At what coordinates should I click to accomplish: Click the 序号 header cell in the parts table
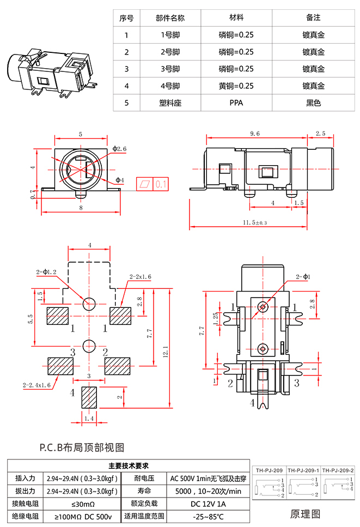[126, 18]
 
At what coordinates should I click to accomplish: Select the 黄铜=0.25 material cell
[236, 86]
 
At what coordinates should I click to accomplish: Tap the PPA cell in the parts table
[236, 103]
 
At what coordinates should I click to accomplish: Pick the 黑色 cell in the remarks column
[314, 103]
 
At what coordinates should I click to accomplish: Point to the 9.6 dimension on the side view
[254, 134]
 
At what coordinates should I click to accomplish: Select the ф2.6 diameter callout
[120, 148]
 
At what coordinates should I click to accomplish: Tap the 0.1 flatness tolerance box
[161, 184]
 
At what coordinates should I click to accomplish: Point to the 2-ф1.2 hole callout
[46, 271]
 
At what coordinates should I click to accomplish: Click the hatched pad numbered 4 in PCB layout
[88, 397]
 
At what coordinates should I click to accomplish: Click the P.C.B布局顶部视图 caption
[82, 447]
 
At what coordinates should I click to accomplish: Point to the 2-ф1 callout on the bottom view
[302, 277]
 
